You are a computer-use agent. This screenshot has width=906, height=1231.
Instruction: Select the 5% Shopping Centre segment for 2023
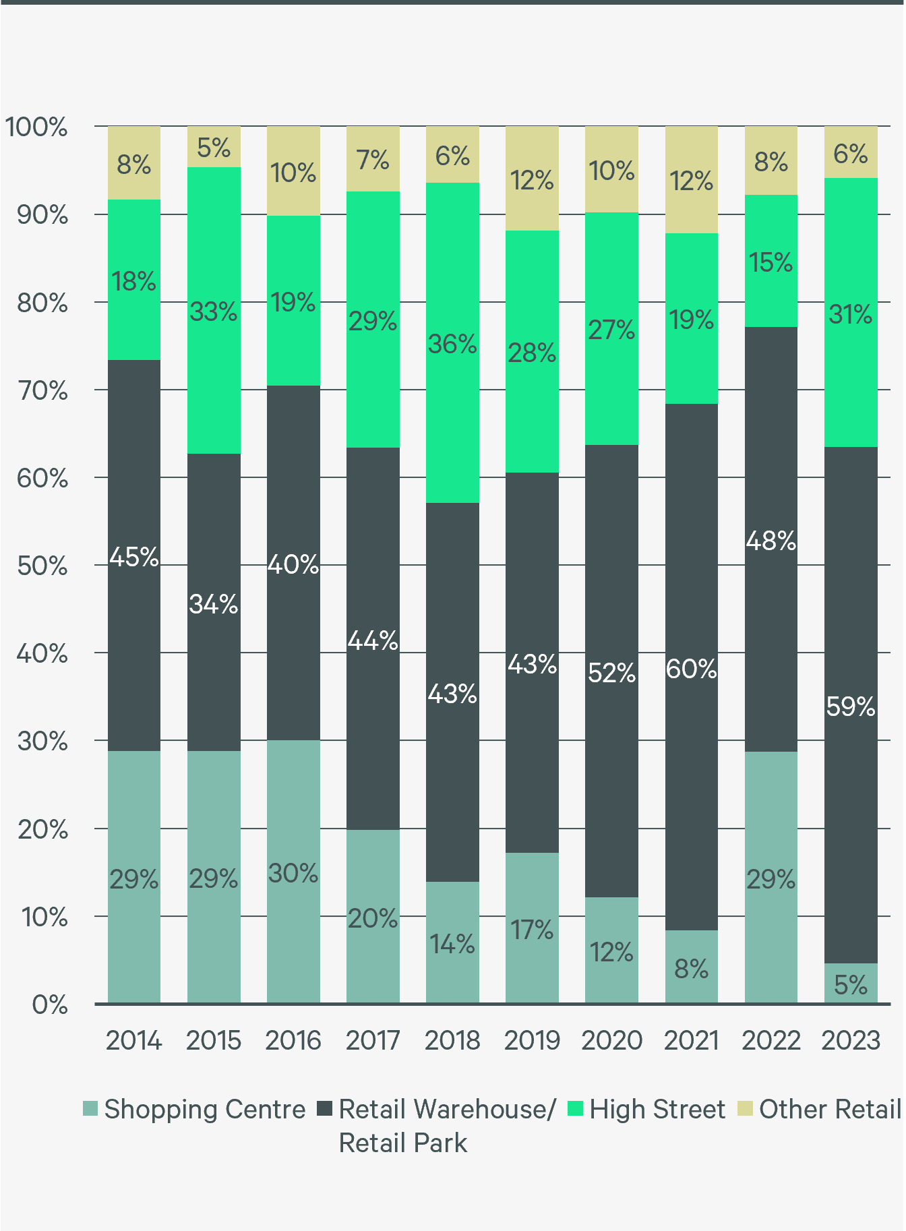click(851, 984)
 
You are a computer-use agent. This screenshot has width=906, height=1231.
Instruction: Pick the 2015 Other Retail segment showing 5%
click(214, 147)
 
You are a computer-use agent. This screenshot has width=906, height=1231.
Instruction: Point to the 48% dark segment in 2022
click(771, 539)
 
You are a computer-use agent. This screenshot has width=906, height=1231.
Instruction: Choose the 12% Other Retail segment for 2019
click(532, 179)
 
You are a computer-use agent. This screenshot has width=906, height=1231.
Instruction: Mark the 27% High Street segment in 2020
click(611, 329)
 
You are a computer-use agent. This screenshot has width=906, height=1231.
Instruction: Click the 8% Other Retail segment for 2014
click(134, 163)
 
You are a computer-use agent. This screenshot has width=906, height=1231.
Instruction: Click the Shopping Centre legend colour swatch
click(90, 1109)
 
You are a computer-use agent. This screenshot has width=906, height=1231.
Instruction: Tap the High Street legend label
click(657, 1109)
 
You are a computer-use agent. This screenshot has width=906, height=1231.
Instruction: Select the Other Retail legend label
click(830, 1109)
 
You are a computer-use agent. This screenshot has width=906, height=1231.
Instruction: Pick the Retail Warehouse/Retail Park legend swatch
click(325, 1109)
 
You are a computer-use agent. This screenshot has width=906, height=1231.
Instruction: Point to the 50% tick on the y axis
click(42, 566)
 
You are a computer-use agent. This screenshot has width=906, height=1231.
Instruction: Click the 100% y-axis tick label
click(36, 127)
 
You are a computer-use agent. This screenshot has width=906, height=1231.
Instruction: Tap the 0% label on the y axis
click(49, 1005)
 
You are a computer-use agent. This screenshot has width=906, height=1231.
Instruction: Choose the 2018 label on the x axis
click(452, 1040)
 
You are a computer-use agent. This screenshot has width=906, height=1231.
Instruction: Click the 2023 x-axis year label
click(851, 1040)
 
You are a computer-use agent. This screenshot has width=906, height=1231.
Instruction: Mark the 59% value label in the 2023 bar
click(851, 707)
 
